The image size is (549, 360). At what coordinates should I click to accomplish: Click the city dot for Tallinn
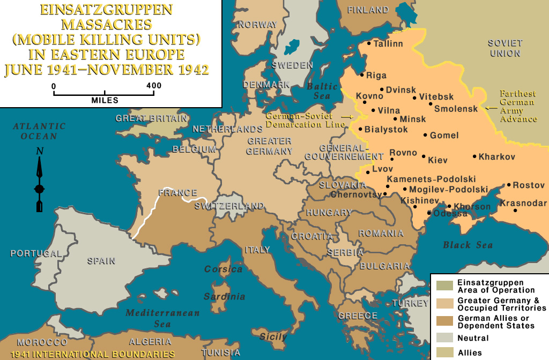(x=369, y=43)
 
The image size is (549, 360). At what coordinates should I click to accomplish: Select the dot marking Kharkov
(x=474, y=156)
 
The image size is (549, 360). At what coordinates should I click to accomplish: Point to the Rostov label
(x=529, y=185)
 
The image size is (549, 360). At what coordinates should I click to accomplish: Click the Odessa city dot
(x=428, y=213)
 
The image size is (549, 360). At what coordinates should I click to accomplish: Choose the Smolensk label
(x=456, y=109)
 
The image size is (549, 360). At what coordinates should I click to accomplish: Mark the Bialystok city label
(x=386, y=130)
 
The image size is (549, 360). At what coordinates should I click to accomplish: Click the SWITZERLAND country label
(x=229, y=206)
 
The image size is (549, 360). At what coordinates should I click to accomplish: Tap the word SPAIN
(x=101, y=261)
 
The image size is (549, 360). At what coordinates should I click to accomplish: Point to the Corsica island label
(x=223, y=269)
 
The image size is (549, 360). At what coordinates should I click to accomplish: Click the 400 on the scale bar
(x=153, y=86)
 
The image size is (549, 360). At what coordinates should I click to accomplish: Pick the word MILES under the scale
(x=105, y=100)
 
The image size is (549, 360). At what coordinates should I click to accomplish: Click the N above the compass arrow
(x=39, y=152)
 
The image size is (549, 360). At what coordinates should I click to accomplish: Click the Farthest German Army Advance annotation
(x=518, y=106)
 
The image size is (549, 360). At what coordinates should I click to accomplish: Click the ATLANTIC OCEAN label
(x=39, y=131)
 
